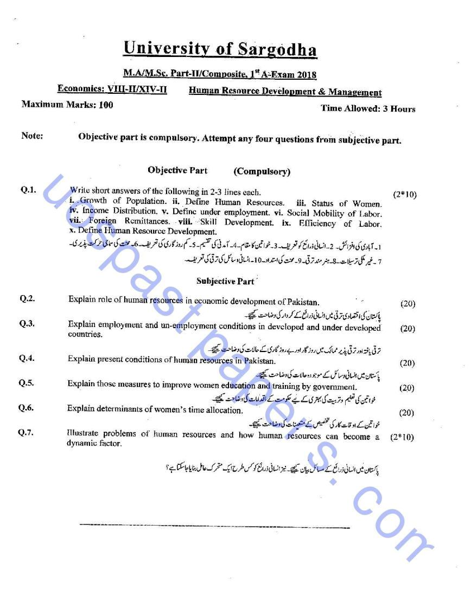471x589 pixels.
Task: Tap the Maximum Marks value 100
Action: click(106, 105)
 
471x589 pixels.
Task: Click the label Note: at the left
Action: click(32, 136)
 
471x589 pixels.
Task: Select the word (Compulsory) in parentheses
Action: click(262, 172)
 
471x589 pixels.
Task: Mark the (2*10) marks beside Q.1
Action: click(404, 194)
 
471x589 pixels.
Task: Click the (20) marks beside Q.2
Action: click(407, 304)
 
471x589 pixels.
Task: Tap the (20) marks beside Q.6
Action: click(406, 413)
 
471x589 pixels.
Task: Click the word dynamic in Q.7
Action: click(82, 444)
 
